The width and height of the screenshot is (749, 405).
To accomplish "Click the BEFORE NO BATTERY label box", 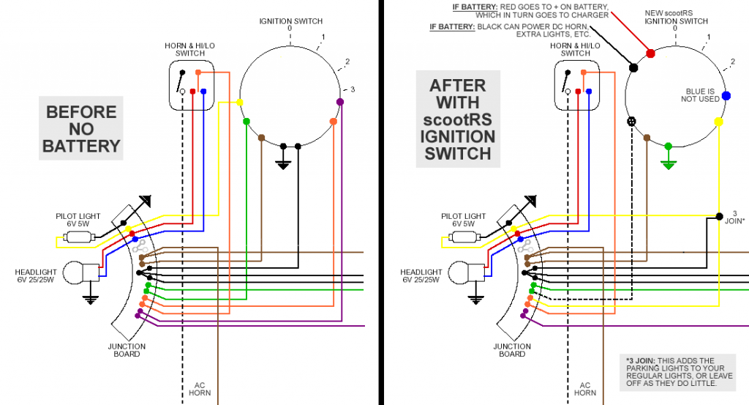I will pos(80,130).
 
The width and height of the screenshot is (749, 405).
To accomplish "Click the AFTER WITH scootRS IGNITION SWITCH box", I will pos(458,119).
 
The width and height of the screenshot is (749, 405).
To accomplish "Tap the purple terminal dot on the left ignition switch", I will pos(339,101).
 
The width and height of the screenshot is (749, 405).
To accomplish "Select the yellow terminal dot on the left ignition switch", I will pos(241,103).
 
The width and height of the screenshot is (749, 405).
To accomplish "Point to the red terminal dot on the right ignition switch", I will pos(651,53).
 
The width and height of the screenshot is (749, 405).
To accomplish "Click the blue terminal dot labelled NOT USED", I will pos(726,95).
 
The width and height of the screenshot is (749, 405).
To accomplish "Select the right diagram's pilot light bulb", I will pos(462,237).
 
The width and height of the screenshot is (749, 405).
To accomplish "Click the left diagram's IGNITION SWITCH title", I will pos(290,21).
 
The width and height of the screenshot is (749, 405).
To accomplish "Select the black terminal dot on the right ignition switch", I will pos(633,67).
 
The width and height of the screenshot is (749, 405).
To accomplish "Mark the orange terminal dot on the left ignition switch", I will pos(333,121).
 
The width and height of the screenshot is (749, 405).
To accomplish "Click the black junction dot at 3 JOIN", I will pos(718,216).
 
